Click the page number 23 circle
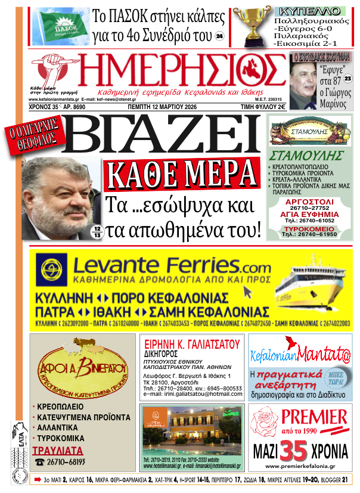pos(347,79)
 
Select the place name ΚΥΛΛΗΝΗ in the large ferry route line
pos(62,297)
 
